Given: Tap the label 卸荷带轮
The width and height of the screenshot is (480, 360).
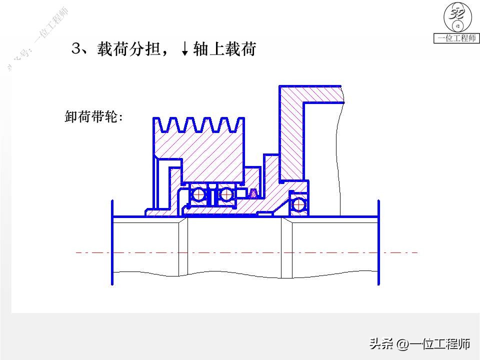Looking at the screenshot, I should pyautogui.click(x=93, y=117).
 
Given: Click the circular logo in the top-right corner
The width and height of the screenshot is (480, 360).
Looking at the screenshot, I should pyautogui.click(x=456, y=18).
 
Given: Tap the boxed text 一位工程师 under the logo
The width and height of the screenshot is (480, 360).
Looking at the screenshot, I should pyautogui.click(x=456, y=38).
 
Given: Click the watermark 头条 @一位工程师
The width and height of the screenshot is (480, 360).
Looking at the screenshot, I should pyautogui.click(x=419, y=344).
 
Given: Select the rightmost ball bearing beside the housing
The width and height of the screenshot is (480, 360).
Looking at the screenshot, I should pyautogui.click(x=299, y=204).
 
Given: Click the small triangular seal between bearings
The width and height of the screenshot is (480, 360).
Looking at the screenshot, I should pyautogui.click(x=253, y=193).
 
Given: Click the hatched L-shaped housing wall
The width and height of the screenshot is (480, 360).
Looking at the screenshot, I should pyautogui.click(x=291, y=130).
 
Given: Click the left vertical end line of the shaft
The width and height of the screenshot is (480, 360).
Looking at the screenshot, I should pyautogui.click(x=112, y=242).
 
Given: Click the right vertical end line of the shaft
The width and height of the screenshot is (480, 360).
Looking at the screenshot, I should pyautogui.click(x=378, y=242).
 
